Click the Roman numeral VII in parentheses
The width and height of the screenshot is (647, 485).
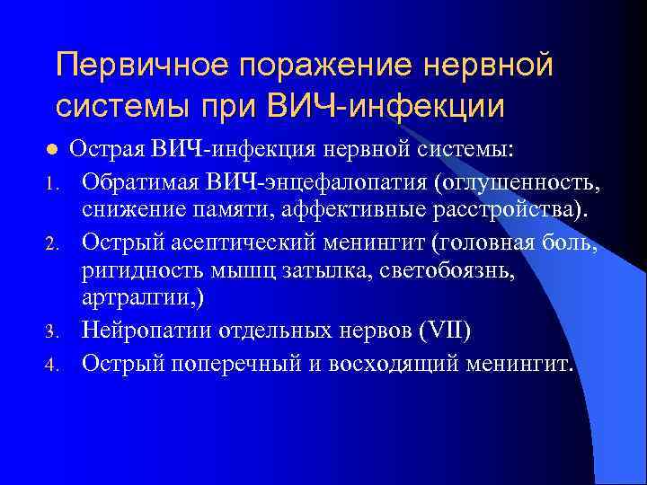(x=447, y=329)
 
